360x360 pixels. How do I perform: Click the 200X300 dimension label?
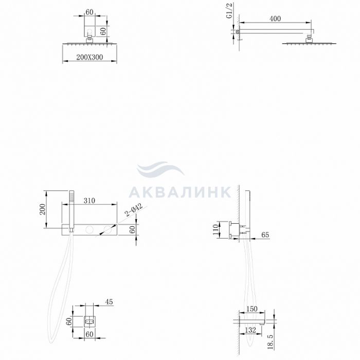pyautogui.click(x=89, y=57)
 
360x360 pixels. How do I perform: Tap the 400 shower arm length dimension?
pyautogui.click(x=275, y=19)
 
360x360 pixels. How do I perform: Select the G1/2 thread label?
pyautogui.click(x=229, y=11)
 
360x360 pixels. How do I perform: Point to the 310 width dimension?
pyautogui.click(x=89, y=201)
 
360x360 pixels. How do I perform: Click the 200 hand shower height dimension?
pyautogui.click(x=43, y=209)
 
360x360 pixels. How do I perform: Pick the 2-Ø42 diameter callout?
pyautogui.click(x=133, y=210)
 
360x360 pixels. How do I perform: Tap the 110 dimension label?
pyautogui.click(x=215, y=229)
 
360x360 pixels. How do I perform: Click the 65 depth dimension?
pyautogui.click(x=265, y=235)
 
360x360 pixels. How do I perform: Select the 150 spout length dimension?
pyautogui.click(x=252, y=309)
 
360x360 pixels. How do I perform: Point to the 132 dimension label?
pyautogui.click(x=250, y=330)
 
